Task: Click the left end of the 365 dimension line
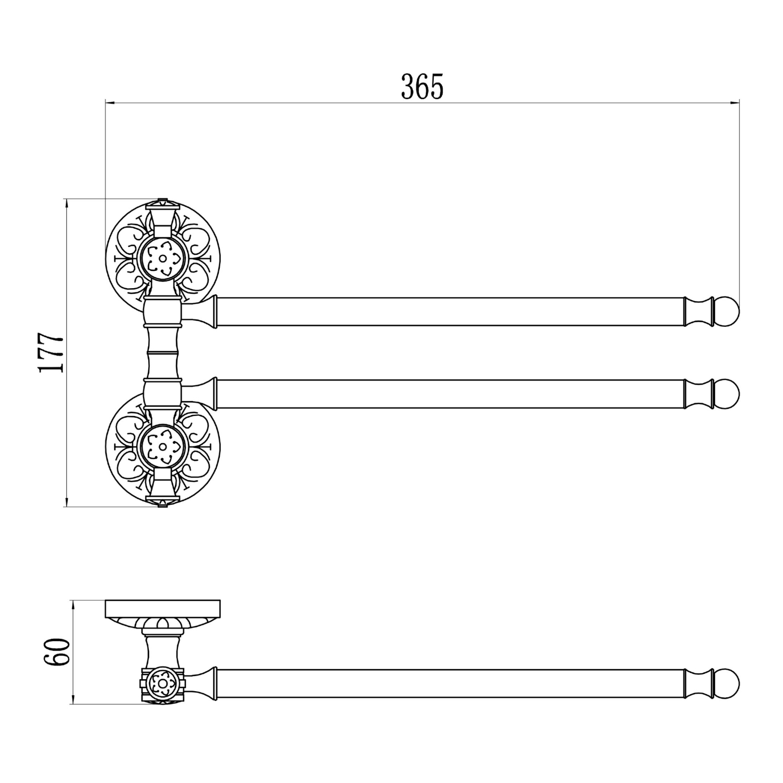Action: pyautogui.click(x=106, y=103)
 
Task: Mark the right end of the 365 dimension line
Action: pyautogui.click(x=739, y=103)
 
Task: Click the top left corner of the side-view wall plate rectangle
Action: pyautogui.click(x=106, y=601)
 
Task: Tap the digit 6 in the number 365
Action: pyautogui.click(x=422, y=87)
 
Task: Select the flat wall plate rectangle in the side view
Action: pyautogui.click(x=163, y=609)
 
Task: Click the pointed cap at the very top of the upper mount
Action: pyautogui.click(x=163, y=201)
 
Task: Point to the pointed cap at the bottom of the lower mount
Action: pyautogui.click(x=163, y=503)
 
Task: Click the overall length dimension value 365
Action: pyautogui.click(x=422, y=87)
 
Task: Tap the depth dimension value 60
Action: pyautogui.click(x=57, y=651)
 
